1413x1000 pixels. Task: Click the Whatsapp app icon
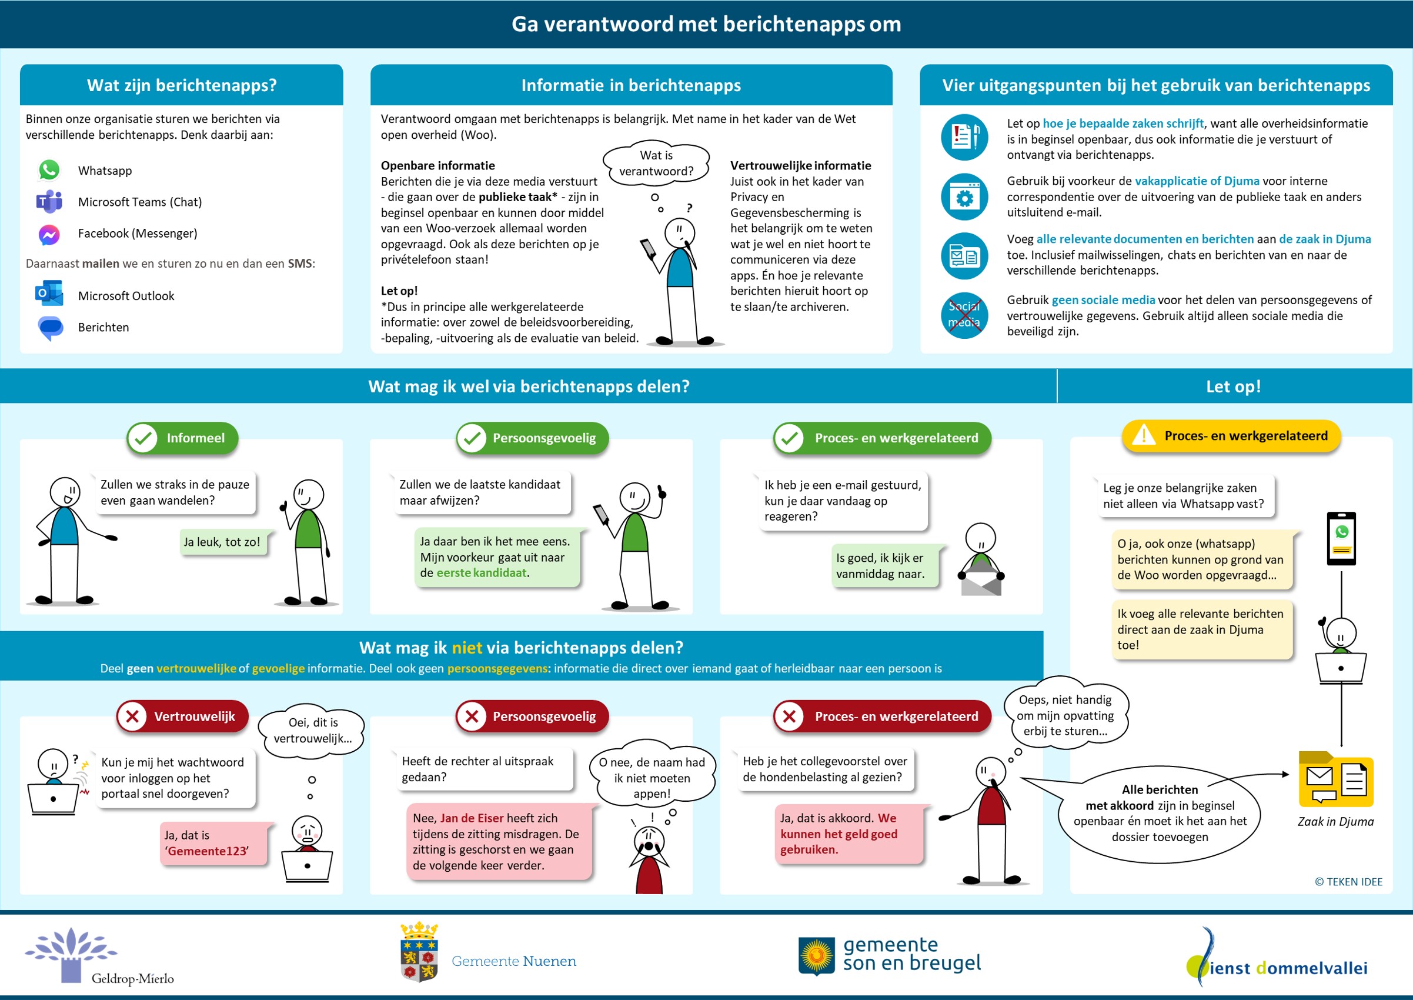49,170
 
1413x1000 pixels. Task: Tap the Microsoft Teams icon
49,201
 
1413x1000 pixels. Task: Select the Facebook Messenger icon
49,234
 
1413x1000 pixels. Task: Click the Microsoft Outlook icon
49,294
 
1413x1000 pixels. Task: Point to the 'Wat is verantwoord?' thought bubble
656,163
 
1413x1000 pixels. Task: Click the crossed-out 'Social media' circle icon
964,315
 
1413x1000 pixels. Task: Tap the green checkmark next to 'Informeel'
143,438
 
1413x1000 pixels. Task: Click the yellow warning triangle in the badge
1144,435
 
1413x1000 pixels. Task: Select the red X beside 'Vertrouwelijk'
132,716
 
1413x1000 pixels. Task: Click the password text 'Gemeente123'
208,851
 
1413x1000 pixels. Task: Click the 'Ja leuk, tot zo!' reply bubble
222,542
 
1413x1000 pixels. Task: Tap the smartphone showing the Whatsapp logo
1341,538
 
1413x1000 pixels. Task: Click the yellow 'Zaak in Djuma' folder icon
1335,779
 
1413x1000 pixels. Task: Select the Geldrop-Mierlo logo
98,956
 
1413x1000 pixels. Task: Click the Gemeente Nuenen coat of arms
419,952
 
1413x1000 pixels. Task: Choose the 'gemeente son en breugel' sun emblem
817,956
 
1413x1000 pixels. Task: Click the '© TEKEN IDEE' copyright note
1348,882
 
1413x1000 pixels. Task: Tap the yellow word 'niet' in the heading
467,648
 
